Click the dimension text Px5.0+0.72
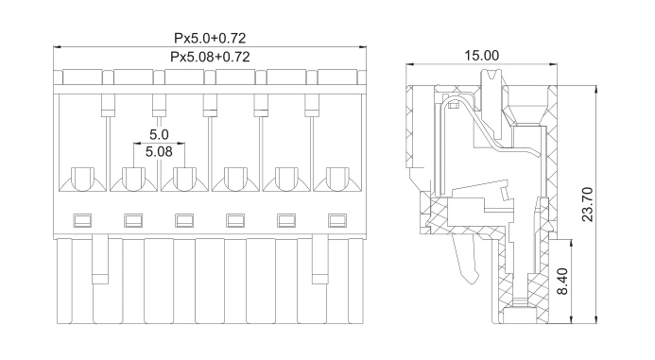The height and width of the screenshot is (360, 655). click(x=210, y=39)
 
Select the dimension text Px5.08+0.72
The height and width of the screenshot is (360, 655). click(x=210, y=57)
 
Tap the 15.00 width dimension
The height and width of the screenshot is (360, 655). click(x=482, y=56)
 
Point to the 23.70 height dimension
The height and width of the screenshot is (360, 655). click(x=587, y=204)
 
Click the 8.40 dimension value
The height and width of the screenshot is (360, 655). click(x=562, y=281)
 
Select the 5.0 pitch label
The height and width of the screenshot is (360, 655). click(x=159, y=134)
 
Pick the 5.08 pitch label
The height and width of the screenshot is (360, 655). click(x=159, y=151)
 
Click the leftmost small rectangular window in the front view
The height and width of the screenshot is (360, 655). click(x=82, y=220)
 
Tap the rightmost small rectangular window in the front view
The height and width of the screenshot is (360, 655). click(x=337, y=220)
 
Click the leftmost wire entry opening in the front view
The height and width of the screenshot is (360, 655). click(x=83, y=179)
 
